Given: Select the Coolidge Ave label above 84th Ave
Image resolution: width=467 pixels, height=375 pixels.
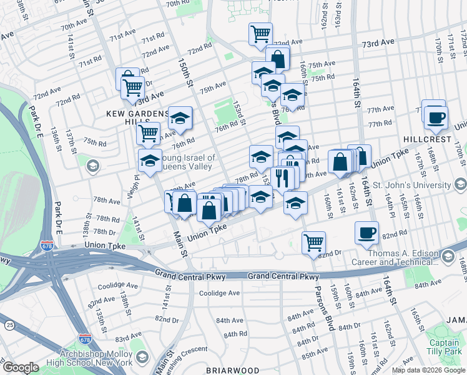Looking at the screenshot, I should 219,293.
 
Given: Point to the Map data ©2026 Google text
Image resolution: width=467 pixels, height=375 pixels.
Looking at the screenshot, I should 428,370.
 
